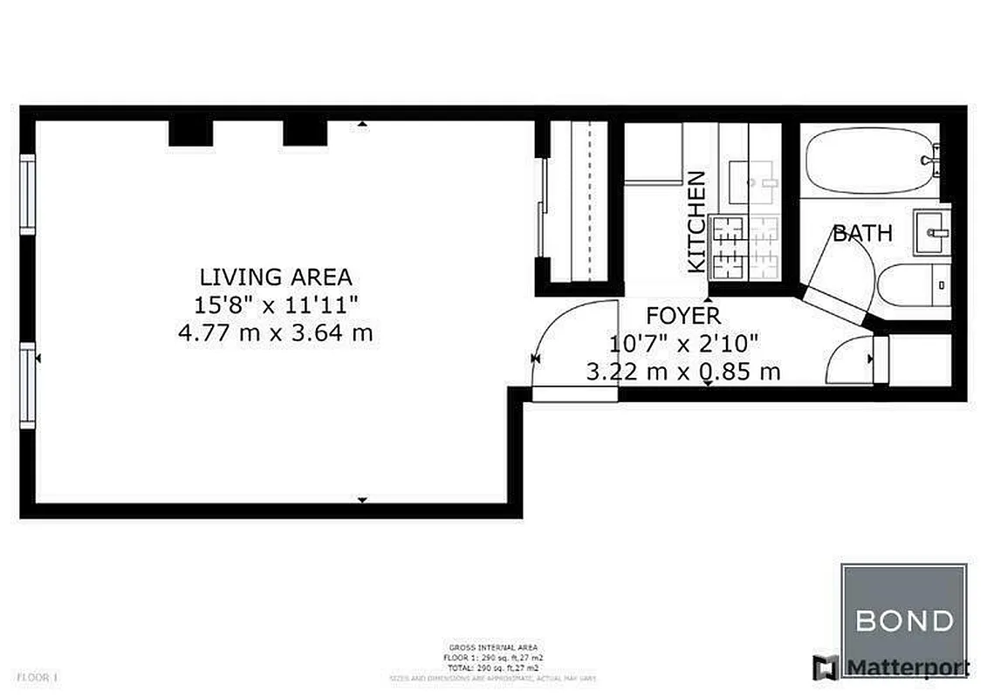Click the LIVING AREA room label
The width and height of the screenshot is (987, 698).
[276, 277]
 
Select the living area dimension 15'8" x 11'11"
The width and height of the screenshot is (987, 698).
[276, 305]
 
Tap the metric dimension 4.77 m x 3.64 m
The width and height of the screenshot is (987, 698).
[276, 332]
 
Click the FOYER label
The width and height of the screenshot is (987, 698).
[682, 315]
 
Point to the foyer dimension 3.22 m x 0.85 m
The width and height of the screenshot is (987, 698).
[682, 372]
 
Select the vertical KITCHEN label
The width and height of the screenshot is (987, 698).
[696, 222]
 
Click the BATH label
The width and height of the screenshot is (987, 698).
[862, 233]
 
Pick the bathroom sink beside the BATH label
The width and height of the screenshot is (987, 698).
[932, 232]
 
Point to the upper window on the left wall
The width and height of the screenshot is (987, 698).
[28, 194]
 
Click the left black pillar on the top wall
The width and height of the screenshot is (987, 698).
[190, 133]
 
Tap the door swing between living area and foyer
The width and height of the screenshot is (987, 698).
[563, 345]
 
